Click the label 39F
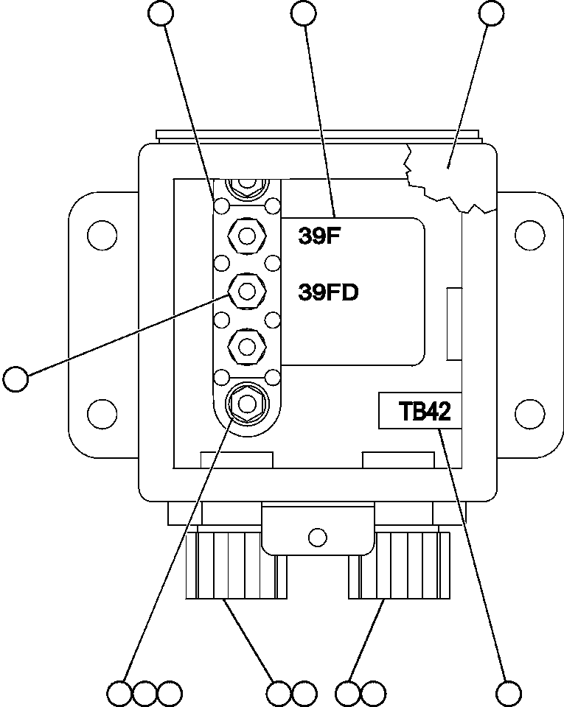[317, 236]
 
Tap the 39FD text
[328, 292]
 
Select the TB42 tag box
[419, 410]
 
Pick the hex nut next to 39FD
[246, 291]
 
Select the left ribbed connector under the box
[234, 566]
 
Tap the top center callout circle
[304, 13]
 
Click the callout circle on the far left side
[15, 379]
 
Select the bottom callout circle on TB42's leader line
[509, 693]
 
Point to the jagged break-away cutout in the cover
[446, 177]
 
